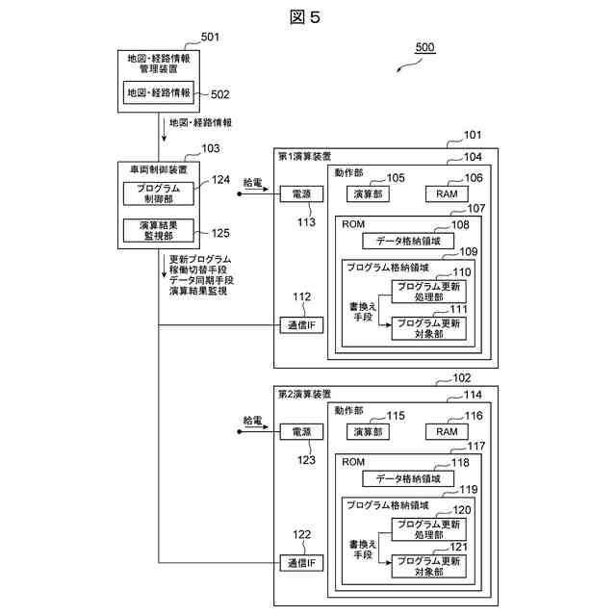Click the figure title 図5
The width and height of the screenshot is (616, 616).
pos(305,17)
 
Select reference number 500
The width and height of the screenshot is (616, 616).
pos(424,47)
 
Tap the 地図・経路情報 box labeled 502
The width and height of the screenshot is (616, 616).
pos(158,92)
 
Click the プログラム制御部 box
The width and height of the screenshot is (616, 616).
pos(158,193)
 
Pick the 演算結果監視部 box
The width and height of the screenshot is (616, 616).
pos(158,231)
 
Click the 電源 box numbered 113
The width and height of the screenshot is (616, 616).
pos(301,194)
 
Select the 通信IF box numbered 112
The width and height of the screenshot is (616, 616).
pos(301,325)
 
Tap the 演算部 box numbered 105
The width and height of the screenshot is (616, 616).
pos(368,194)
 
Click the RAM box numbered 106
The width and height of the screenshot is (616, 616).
pos(447,194)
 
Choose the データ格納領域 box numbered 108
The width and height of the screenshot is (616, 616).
pos(408,241)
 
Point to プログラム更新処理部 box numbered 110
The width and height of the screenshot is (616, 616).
pos(428,292)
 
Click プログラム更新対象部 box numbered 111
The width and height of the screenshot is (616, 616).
pos(428,328)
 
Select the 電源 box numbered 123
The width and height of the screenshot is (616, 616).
pos(301,432)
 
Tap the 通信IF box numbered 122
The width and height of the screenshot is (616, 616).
pos(301,563)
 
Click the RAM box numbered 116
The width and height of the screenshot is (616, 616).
pos(447,432)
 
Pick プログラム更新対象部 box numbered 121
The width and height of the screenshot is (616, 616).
pos(428,566)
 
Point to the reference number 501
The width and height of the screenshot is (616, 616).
pos(210,37)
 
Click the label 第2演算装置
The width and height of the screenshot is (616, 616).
pos(304,394)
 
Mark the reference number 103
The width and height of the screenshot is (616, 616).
pos(211,148)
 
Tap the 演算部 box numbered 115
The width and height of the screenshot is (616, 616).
pos(368,432)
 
